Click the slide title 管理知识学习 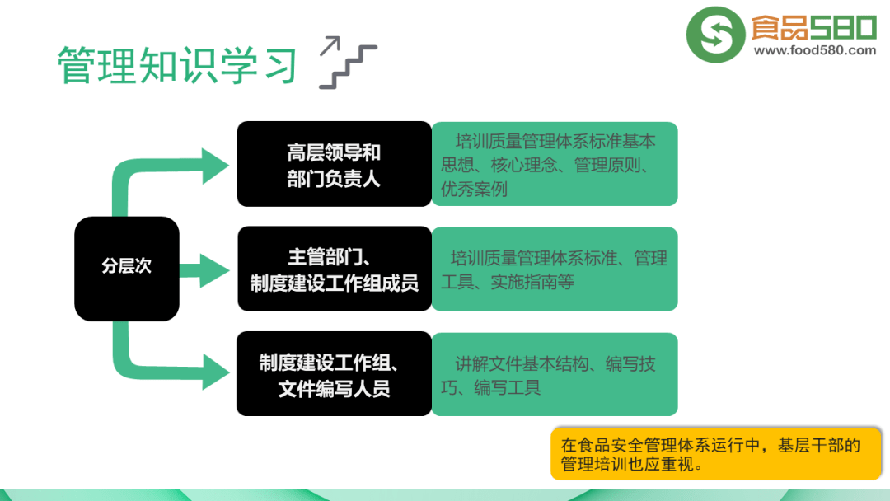[x=177, y=65]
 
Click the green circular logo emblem [x=715, y=35]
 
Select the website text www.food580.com [x=814, y=50]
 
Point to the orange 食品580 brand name [x=814, y=27]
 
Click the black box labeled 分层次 [x=127, y=269]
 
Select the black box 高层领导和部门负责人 [x=335, y=164]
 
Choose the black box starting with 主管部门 [x=335, y=269]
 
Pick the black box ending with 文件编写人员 [x=335, y=374]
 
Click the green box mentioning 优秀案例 [x=555, y=164]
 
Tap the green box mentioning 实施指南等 [x=555, y=269]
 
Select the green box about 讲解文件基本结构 [x=555, y=374]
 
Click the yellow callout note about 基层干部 [x=716, y=454]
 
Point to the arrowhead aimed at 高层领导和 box [x=215, y=166]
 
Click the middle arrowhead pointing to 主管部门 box [x=214, y=270]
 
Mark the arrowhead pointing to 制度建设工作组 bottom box [x=216, y=372]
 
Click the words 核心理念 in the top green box [x=524, y=165]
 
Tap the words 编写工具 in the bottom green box [x=508, y=387]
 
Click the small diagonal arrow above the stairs [x=330, y=45]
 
